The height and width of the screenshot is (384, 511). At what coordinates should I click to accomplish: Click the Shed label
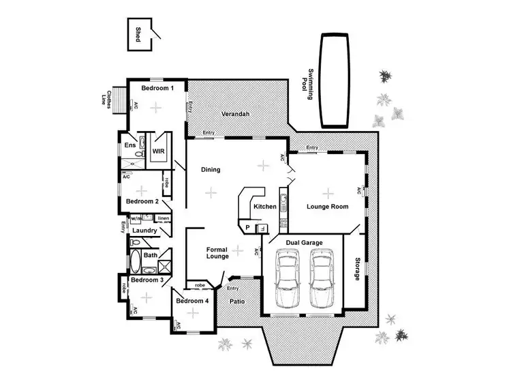pos(138,35)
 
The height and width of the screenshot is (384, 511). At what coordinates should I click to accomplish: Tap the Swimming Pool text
pos(311,85)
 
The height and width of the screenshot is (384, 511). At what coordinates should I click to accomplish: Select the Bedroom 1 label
pos(157,88)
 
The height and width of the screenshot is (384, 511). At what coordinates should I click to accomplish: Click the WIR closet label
pos(158,151)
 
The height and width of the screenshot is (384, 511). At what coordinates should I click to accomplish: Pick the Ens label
pos(129,145)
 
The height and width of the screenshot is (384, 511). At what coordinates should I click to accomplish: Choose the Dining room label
pos(211,169)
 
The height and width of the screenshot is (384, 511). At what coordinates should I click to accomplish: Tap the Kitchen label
pos(264,206)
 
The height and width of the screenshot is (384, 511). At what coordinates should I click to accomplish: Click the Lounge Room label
pos(327,206)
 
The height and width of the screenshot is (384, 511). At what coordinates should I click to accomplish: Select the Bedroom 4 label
pos(191,301)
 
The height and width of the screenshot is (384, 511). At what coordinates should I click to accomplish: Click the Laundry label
pos(145,231)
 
